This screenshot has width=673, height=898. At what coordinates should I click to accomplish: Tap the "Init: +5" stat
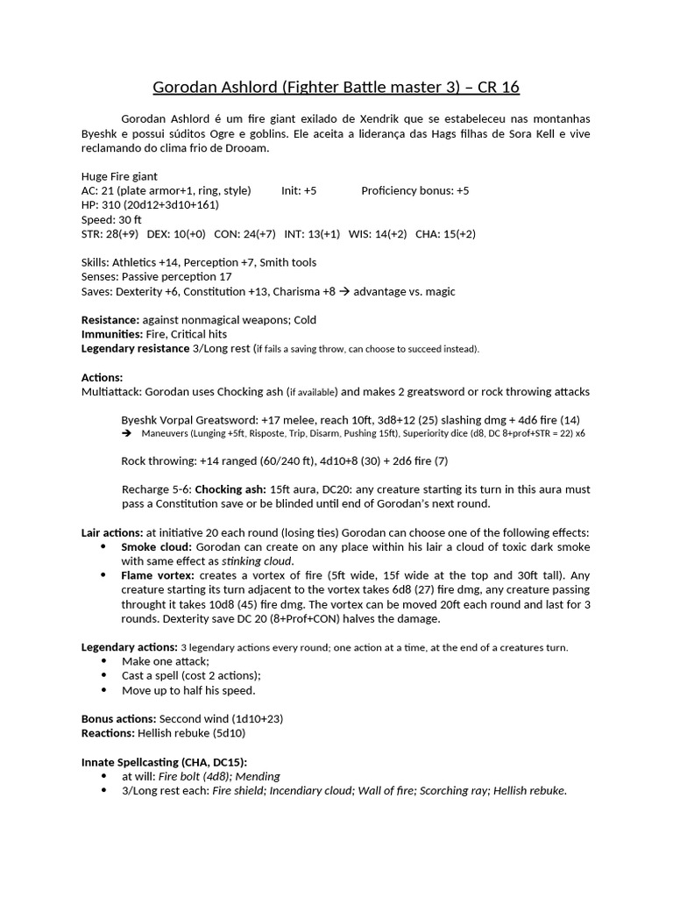[299, 190]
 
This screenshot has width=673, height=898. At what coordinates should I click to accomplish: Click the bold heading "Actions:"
[103, 377]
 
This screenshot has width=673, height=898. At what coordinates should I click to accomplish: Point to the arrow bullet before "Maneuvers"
[126, 433]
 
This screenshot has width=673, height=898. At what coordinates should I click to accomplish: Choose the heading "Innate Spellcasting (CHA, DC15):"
[170, 762]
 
